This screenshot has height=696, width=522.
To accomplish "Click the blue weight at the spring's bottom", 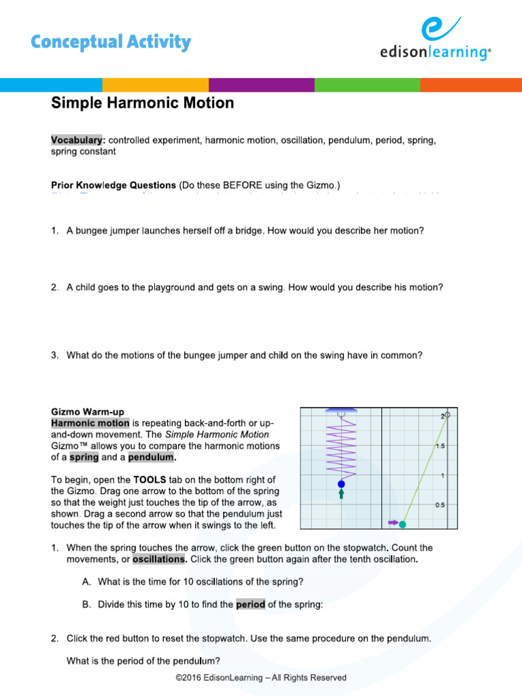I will [341, 484].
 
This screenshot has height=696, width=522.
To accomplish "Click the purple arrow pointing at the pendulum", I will [392, 523].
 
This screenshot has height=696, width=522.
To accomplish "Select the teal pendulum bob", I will [402, 523].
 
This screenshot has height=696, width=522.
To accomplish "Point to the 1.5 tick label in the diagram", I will [440, 446].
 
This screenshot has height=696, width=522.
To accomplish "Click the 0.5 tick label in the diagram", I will [440, 505].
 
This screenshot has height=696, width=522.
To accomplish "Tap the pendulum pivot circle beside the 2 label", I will [447, 415].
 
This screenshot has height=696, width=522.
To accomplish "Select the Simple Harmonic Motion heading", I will [143, 103].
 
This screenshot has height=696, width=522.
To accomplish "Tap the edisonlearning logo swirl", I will [435, 31].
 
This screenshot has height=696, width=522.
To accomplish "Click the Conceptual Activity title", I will [111, 42].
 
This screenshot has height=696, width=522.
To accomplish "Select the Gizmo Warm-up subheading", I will [88, 412].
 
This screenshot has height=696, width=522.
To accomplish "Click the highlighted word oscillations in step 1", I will [159, 559].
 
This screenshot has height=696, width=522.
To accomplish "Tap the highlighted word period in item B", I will [250, 604].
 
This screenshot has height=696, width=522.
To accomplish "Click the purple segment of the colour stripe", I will [261, 85].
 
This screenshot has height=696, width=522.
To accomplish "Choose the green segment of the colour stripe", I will [367, 85].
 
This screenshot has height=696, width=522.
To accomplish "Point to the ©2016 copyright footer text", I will [261, 678].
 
